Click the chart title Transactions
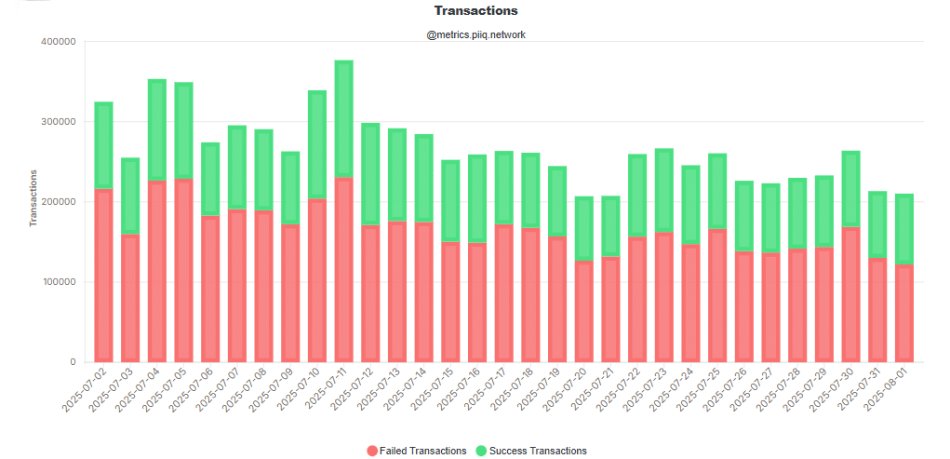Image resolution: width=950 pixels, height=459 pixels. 475,11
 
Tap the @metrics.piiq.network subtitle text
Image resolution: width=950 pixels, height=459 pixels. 475,34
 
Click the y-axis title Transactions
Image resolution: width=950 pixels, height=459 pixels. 33,198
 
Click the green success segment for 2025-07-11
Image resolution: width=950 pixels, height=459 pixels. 343,119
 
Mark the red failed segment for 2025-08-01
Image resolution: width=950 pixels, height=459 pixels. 903,313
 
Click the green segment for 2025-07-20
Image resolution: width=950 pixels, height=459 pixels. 583,228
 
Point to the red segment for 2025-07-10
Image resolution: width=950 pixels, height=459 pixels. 317,280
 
